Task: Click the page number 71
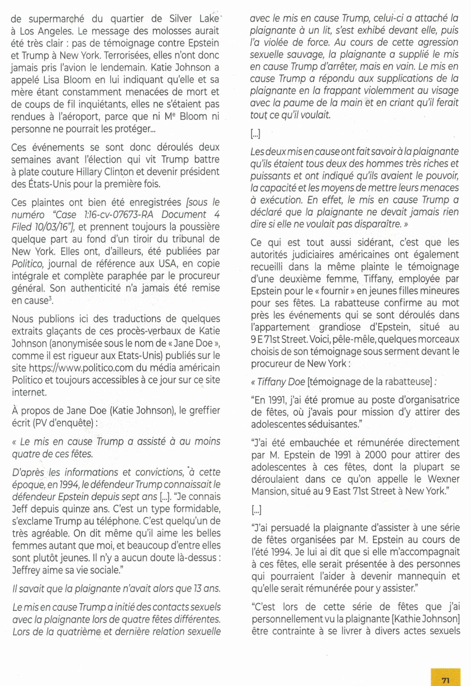click(446, 672)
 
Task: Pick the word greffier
click(203, 411)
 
